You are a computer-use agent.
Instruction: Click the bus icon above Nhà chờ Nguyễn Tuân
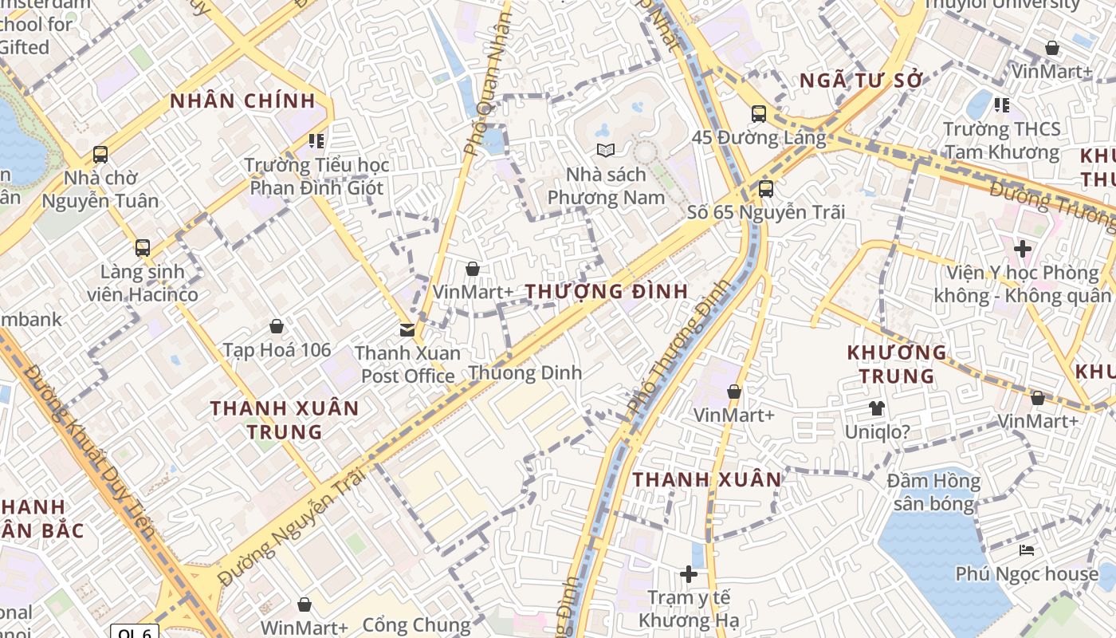click(x=100, y=155)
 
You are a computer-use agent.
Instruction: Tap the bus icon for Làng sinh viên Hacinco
click(x=143, y=248)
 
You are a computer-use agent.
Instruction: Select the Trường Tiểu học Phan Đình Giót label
click(x=316, y=176)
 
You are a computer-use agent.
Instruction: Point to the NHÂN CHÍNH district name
click(x=242, y=101)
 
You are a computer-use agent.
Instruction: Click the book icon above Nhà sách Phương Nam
click(x=606, y=150)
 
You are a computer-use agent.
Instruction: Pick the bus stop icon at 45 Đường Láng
click(x=758, y=114)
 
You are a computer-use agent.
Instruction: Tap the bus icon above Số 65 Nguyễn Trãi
click(x=765, y=189)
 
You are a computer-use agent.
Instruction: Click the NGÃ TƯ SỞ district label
click(x=860, y=81)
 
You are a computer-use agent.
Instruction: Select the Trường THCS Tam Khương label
click(x=1001, y=140)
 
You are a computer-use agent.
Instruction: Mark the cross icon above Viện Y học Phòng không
click(x=1022, y=249)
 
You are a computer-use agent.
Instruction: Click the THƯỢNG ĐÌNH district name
click(x=607, y=292)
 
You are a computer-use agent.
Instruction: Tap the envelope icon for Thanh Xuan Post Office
click(x=407, y=329)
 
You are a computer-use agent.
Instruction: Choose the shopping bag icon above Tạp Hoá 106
click(x=277, y=326)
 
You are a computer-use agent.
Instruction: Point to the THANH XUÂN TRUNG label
click(x=285, y=420)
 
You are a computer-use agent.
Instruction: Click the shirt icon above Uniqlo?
click(x=877, y=408)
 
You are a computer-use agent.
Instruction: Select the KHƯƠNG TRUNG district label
click(x=896, y=364)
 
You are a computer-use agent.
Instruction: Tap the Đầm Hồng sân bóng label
click(x=933, y=492)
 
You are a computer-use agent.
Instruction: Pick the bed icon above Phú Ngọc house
click(x=1027, y=550)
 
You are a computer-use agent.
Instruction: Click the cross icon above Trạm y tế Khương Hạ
click(x=689, y=574)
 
